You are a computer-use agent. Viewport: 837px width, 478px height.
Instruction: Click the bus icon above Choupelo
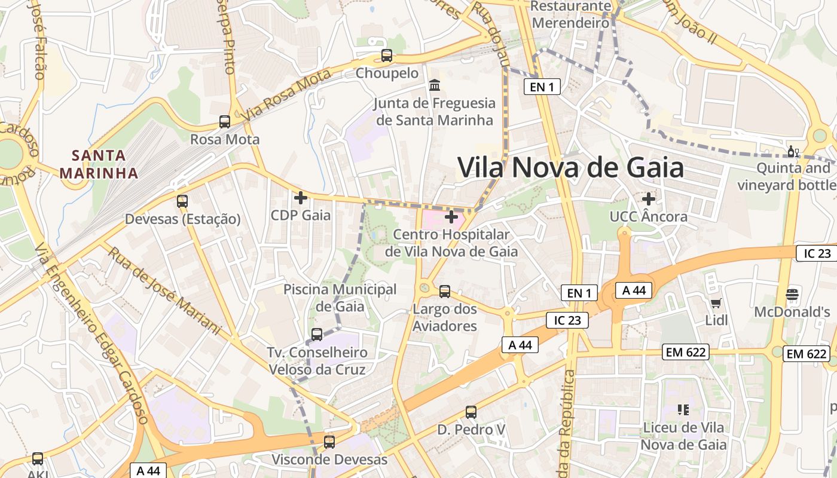pos(387,56)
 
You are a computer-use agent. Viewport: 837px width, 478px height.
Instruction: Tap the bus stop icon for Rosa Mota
pos(225,122)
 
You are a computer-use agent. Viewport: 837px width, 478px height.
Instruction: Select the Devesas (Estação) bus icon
pos(182,201)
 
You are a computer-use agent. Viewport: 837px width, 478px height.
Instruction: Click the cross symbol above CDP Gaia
pos(301,197)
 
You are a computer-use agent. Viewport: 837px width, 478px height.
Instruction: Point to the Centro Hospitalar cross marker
pos(451,216)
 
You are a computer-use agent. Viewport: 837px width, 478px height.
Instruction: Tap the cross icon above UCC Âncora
pos(649,198)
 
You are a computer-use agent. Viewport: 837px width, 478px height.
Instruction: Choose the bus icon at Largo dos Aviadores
pos(445,292)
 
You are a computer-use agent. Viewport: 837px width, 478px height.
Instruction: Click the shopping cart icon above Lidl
pos(716,303)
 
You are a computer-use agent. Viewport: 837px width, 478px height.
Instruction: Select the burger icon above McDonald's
pos(792,294)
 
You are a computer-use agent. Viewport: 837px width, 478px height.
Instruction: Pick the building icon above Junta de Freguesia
pos(435,85)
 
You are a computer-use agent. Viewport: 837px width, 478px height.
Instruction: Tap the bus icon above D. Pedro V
pos(471,412)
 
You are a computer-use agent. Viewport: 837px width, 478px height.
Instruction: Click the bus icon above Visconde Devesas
pos(329,442)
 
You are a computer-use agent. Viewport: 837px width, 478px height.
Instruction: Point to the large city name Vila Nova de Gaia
pos(570,167)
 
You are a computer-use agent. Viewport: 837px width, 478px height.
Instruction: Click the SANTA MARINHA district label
pos(99,164)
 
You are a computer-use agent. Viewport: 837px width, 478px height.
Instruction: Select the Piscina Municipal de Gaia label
pos(340,298)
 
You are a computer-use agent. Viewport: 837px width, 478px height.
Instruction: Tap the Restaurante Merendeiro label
pos(570,15)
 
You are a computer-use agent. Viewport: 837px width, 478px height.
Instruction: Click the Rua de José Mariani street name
pos(164,289)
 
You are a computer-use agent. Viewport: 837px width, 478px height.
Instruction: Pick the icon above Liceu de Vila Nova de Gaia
pos(683,410)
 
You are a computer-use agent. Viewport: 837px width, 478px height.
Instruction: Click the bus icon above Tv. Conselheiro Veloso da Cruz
pos(317,335)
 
